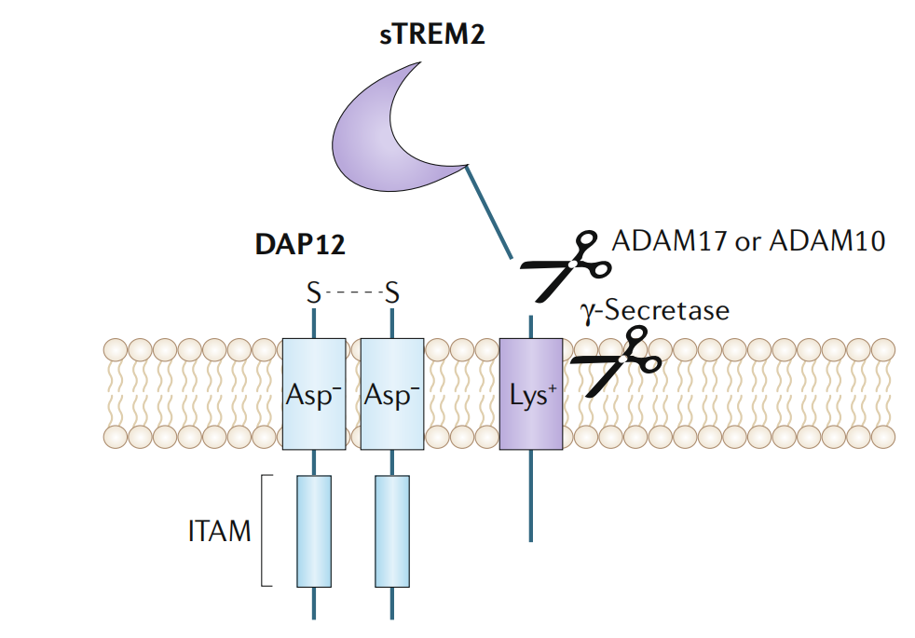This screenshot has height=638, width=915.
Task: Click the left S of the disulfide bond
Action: pyautogui.click(x=314, y=294)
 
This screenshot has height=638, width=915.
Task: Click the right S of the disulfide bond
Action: pyautogui.click(x=392, y=294)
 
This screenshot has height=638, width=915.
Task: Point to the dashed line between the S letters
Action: pyautogui.click(x=353, y=294)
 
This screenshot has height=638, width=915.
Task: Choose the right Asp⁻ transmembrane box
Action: pyautogui.click(x=391, y=395)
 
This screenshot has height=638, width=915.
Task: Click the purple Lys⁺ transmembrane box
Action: pyautogui.click(x=531, y=395)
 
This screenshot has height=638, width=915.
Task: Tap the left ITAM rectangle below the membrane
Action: pyautogui.click(x=313, y=531)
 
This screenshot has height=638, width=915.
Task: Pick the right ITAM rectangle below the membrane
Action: pyautogui.click(x=391, y=531)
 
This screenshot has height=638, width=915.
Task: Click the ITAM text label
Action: pyautogui.click(x=220, y=532)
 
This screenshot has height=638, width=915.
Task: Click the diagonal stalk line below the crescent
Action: pyautogui.click(x=489, y=211)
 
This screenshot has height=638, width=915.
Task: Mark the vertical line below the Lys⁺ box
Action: pyautogui.click(x=531, y=498)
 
